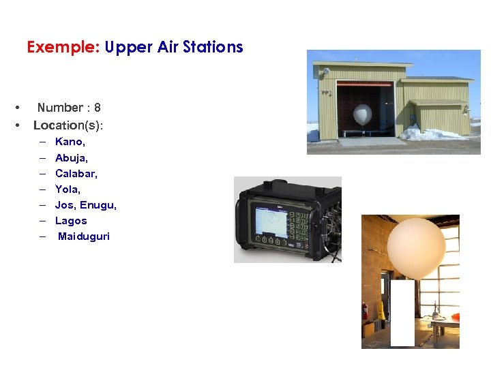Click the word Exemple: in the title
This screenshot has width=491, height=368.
tap(63, 47)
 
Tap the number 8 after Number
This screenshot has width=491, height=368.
tap(98, 108)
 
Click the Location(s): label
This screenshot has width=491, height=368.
tap(68, 125)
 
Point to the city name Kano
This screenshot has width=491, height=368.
tap(69, 142)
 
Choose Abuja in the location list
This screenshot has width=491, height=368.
tap(71, 157)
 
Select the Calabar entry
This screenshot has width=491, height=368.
tap(76, 173)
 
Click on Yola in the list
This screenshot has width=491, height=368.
tap(68, 189)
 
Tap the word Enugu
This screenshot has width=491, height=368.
tap(98, 205)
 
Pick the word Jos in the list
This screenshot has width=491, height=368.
tap(64, 204)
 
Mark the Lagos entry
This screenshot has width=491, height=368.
tap(71, 221)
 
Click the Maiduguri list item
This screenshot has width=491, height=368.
tap(84, 236)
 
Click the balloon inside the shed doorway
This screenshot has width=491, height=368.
tap(363, 114)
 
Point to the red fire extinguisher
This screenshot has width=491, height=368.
tap(366, 311)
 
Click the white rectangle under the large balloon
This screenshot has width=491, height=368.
tap(402, 313)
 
